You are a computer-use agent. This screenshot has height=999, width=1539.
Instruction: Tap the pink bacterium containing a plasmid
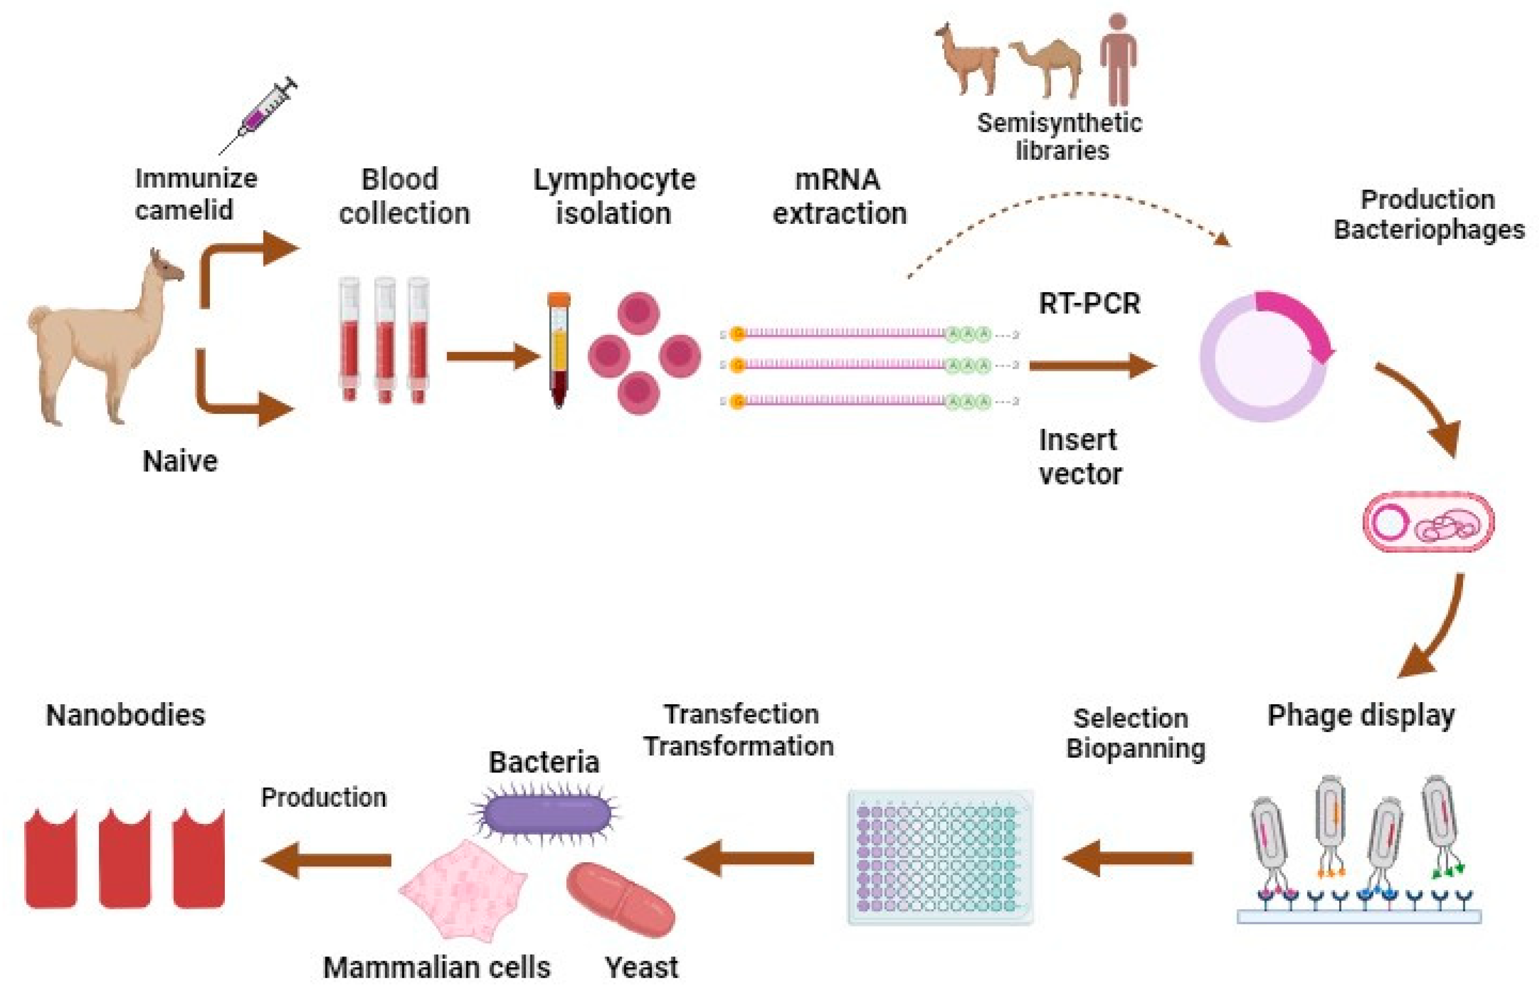click(1428, 522)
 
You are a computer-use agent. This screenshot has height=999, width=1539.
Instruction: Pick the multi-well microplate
click(941, 857)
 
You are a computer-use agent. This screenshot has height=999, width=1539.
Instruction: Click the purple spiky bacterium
click(546, 813)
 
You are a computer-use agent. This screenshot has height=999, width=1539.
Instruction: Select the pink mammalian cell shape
click(463, 889)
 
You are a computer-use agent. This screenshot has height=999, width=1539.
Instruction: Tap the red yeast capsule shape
click(621, 899)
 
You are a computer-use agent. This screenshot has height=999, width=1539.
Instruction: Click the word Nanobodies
click(126, 715)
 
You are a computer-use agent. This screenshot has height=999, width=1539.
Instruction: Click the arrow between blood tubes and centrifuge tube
click(491, 356)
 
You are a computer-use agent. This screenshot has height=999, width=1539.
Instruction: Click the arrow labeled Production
click(327, 859)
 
